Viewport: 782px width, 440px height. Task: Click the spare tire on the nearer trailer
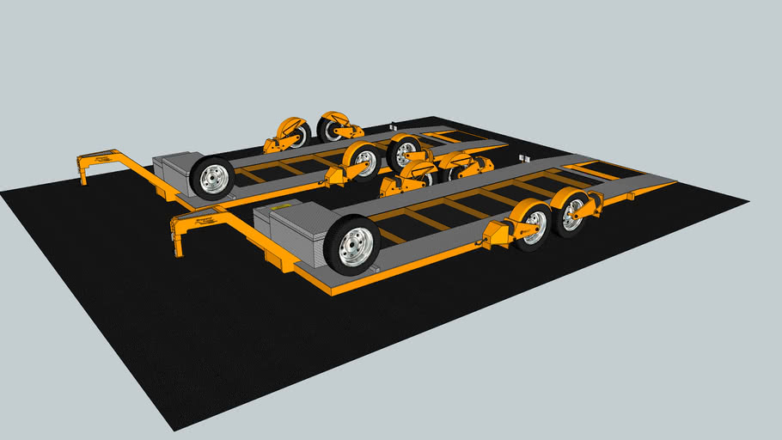tap(351, 246)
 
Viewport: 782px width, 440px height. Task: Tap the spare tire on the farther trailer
tap(211, 177)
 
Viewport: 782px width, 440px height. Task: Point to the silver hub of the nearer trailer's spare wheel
tap(353, 247)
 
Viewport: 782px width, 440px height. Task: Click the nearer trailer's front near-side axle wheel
tap(533, 226)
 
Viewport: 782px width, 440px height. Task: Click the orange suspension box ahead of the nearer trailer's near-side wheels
tap(498, 233)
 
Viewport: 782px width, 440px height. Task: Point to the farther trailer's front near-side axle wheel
tap(364, 162)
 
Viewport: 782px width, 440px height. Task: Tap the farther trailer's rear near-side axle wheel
tap(404, 153)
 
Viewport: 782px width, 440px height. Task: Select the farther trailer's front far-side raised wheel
tap(295, 134)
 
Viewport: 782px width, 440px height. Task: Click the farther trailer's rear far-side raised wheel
tap(331, 128)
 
